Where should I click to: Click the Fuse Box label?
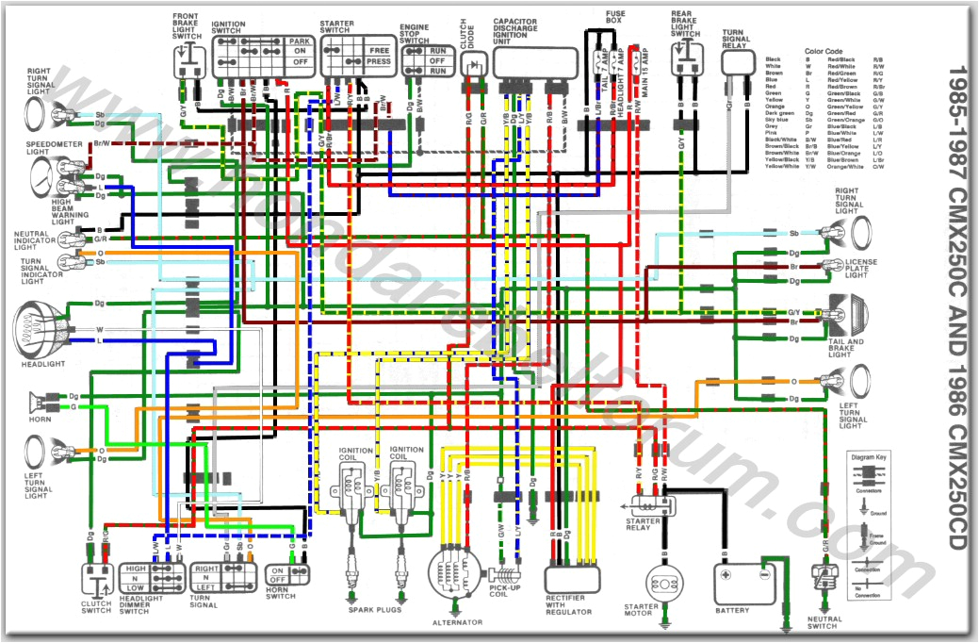[614, 14]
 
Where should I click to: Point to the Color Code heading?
[827, 51]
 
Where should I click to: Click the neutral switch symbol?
[824, 580]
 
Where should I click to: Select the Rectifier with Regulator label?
[569, 605]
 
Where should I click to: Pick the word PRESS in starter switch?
[379, 61]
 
